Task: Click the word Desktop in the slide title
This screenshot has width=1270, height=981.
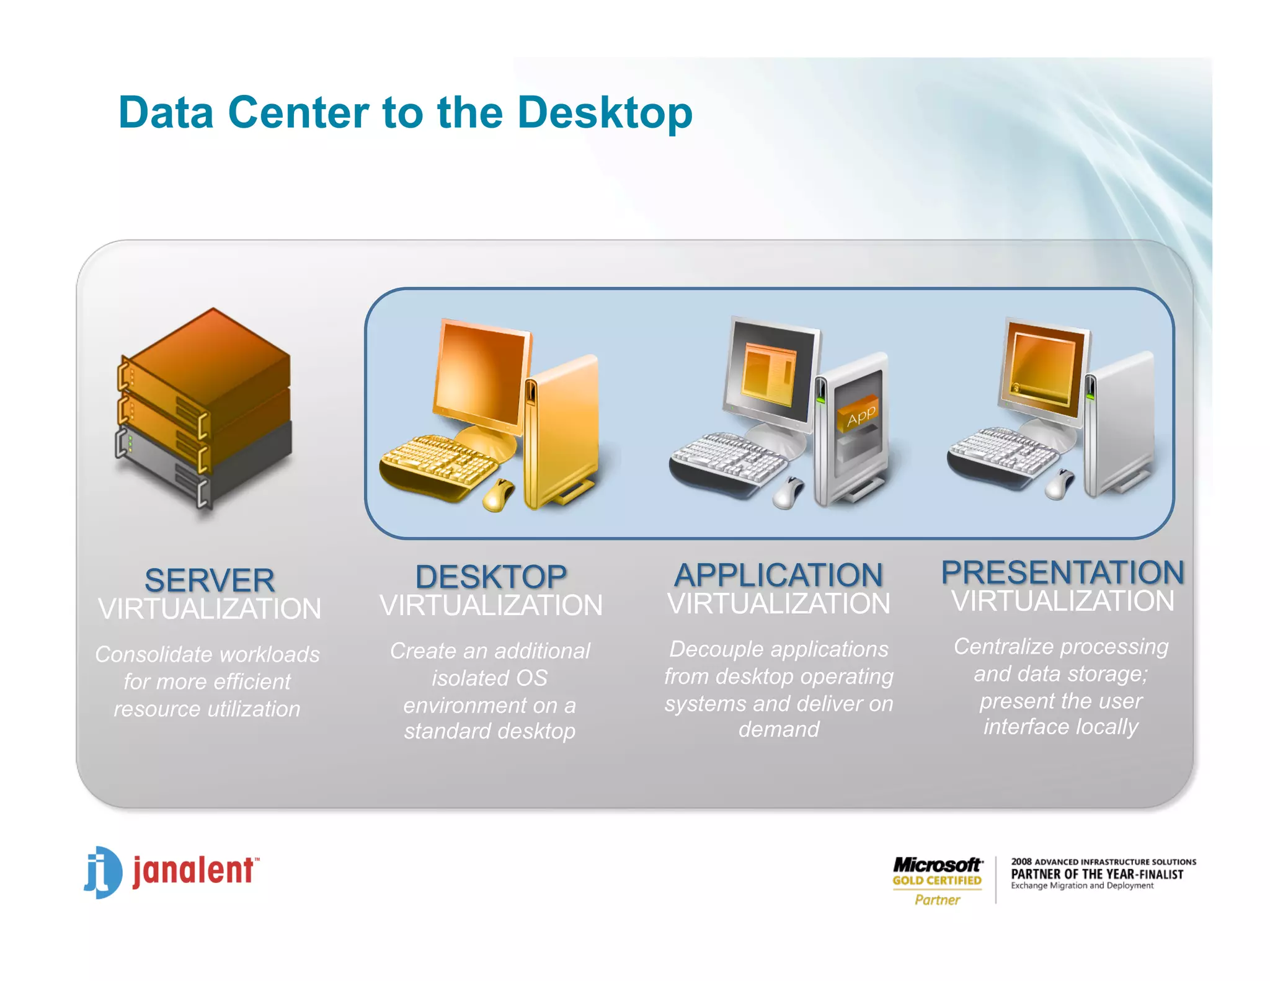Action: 605,113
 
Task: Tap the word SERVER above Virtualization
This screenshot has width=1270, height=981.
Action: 210,580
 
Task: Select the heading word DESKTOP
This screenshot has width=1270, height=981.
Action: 491,577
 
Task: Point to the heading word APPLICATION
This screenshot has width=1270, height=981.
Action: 778,575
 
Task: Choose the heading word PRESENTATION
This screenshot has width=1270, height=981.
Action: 1062,572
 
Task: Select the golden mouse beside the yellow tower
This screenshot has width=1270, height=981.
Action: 498,495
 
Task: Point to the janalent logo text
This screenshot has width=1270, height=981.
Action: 193,871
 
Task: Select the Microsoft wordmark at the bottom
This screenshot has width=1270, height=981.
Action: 937,864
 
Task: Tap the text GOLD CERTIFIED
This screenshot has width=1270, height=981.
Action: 937,881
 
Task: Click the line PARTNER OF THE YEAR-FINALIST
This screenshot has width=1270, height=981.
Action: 1097,874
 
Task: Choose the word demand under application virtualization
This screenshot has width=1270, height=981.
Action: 779,729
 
